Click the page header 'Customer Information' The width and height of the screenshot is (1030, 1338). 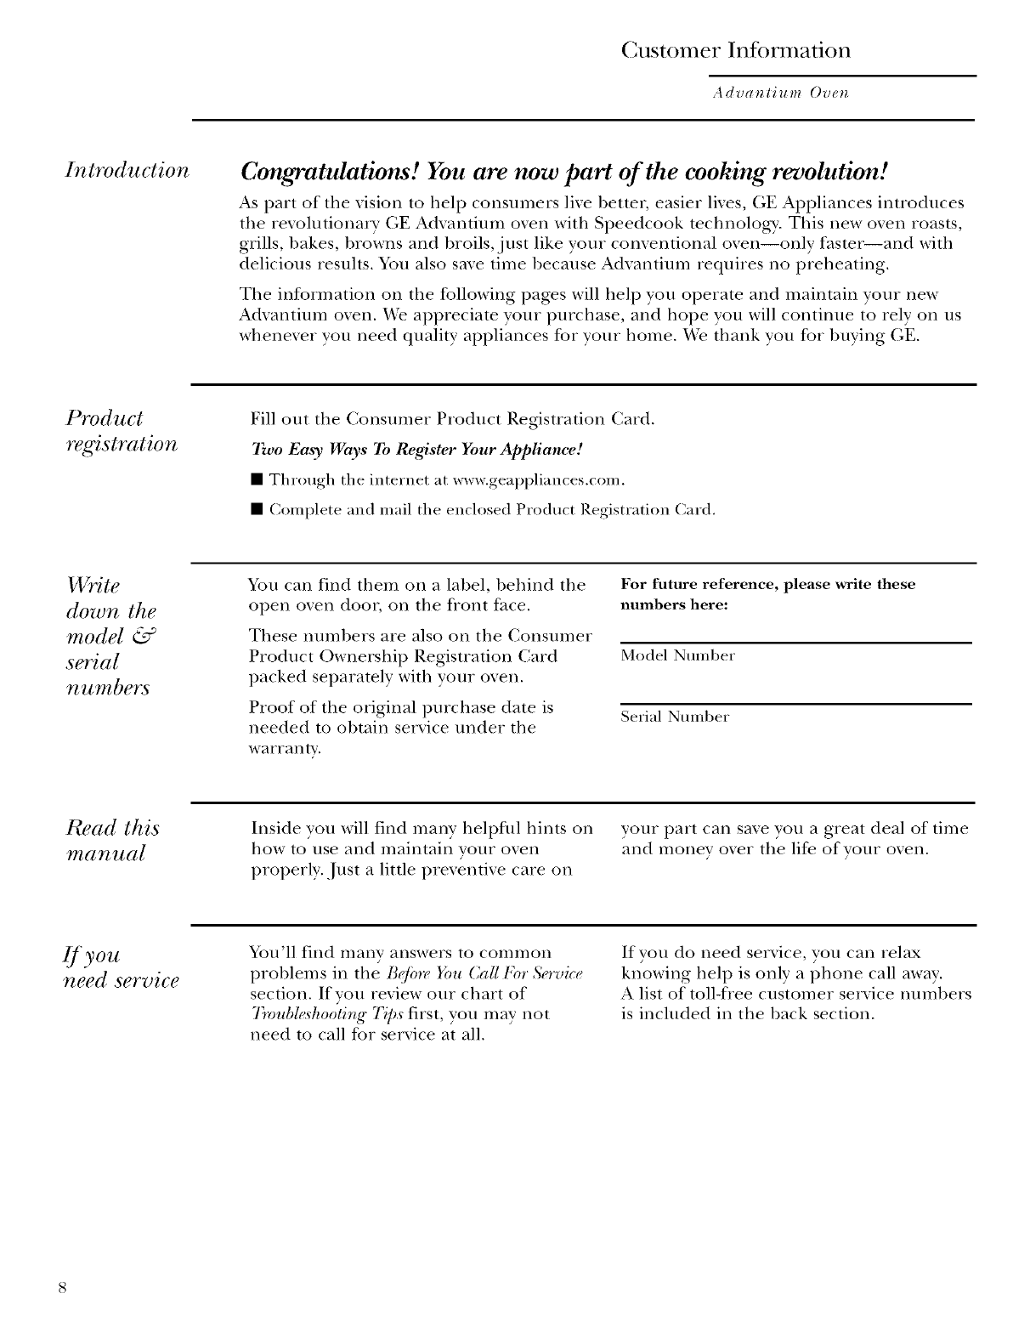[735, 50]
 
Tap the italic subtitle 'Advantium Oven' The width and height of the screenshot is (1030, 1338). [779, 92]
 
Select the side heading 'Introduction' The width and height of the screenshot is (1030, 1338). [127, 170]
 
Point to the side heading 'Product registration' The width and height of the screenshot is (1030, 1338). [122, 431]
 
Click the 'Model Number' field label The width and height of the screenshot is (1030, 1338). [677, 655]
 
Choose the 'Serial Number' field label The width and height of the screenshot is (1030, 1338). [675, 717]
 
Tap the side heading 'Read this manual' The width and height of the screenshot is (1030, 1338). [112, 840]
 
